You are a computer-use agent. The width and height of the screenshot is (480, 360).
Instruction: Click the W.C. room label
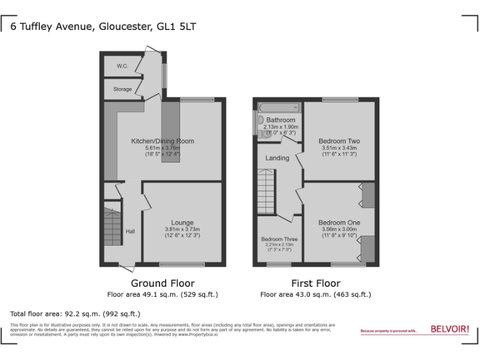(x=121, y=66)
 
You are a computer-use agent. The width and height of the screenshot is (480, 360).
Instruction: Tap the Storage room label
(x=122, y=89)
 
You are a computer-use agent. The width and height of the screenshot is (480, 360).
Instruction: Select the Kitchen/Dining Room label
(x=162, y=141)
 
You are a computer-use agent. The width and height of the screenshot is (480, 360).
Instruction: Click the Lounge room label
(x=182, y=222)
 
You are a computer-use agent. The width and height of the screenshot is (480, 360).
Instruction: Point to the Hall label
(x=130, y=231)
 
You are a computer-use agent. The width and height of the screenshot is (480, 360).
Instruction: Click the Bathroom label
(x=281, y=120)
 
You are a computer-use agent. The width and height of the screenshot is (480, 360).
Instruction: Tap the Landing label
(x=277, y=158)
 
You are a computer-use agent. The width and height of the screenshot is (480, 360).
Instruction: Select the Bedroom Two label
(x=339, y=141)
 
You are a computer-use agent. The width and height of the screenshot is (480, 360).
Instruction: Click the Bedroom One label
(x=339, y=222)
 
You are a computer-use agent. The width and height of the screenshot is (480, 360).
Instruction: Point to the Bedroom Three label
(x=279, y=239)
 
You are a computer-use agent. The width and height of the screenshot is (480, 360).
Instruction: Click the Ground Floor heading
(x=162, y=283)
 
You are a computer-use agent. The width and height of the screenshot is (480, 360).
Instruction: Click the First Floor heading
(x=316, y=283)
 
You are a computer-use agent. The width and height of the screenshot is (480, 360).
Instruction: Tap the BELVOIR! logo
(x=450, y=329)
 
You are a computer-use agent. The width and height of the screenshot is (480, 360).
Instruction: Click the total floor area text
(x=76, y=313)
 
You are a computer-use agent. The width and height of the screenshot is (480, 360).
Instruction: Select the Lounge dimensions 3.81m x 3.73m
(x=182, y=229)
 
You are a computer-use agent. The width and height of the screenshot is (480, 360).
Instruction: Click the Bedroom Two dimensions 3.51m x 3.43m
(x=339, y=147)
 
